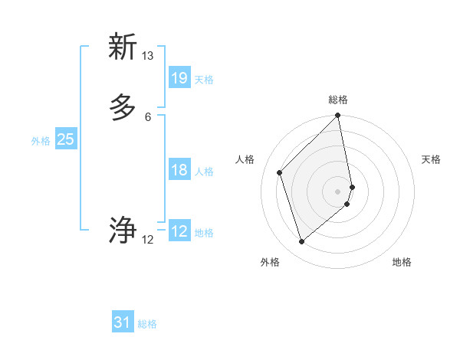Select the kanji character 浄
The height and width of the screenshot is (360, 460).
123,230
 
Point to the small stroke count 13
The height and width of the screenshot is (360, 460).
147,56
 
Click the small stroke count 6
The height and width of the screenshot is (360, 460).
147,117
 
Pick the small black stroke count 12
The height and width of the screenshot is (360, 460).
147,240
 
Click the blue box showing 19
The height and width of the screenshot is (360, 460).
179,78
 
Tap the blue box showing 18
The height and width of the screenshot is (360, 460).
179,170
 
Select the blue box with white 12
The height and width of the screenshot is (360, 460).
179,231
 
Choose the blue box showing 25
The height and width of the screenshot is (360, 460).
66,139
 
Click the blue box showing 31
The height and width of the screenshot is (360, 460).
123,323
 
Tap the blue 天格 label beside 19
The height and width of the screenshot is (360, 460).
204,79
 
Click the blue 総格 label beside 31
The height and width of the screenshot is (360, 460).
147,324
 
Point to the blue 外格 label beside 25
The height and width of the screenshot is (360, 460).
41,140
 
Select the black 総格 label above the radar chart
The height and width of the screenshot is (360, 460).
338,100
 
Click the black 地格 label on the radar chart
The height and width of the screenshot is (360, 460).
402,262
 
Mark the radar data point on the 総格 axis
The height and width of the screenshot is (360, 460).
338,116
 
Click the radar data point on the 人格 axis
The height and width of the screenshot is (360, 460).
280,172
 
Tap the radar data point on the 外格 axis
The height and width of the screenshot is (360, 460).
302,242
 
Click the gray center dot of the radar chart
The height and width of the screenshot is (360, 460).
338,191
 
